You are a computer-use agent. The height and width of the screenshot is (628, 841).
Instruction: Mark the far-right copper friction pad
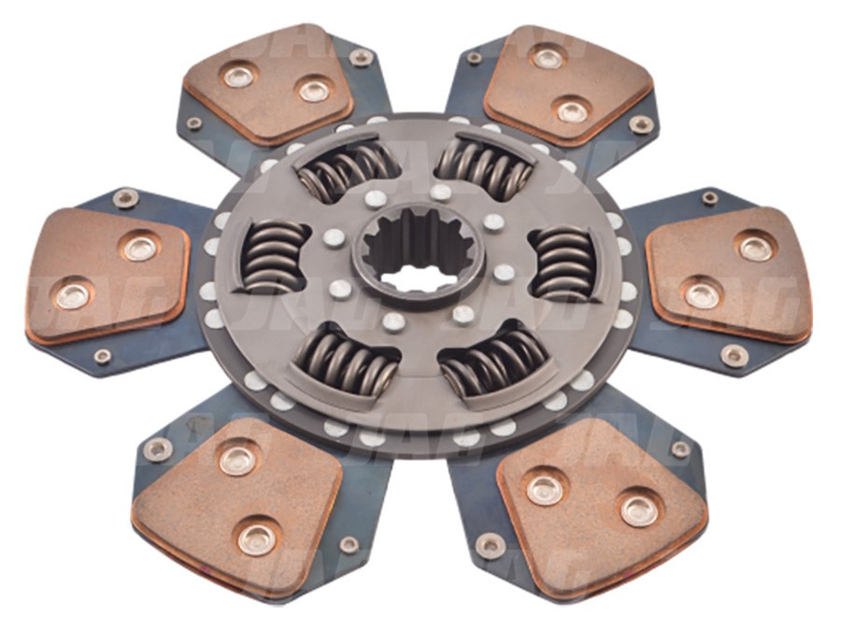728,274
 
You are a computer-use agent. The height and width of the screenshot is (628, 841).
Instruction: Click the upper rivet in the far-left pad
140,248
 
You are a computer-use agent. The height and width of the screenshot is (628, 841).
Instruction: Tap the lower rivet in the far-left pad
71,295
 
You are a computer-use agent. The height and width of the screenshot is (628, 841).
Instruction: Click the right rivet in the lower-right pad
639,509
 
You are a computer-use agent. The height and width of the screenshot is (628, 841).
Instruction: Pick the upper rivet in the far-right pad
754,247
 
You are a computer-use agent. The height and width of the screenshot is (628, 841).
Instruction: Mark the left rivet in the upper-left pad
240,76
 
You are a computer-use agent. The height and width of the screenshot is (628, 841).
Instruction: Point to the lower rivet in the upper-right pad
572,111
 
